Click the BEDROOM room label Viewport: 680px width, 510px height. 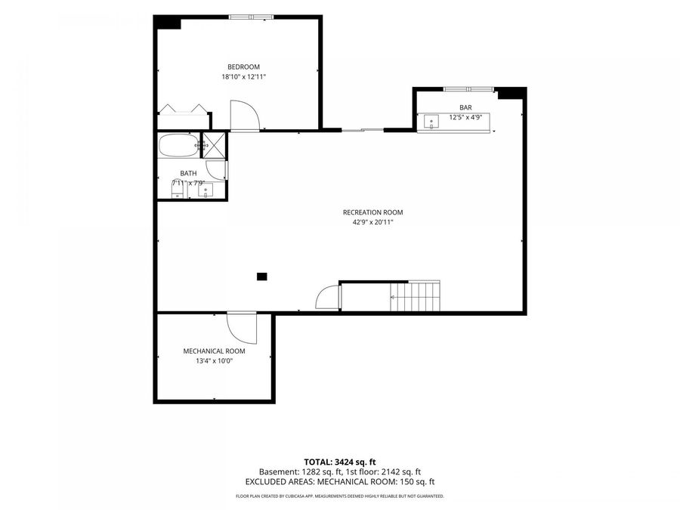pos(244,66)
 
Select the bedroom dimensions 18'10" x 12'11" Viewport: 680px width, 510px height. pos(244,77)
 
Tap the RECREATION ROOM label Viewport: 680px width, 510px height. pos(373,212)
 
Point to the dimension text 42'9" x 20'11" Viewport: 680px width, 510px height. pos(373,222)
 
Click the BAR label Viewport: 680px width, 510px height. pos(465,107)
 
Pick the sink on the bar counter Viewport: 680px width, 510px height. pos(431,122)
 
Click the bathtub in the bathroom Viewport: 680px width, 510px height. pos(178,145)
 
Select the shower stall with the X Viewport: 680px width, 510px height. pos(215,144)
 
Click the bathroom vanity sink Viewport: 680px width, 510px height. pos(206,190)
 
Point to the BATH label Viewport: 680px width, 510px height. pos(188,173)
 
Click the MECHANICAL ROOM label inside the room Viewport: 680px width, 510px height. pos(215,351)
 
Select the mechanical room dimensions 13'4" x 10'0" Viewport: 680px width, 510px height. pos(215,361)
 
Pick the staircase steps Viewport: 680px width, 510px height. pos(415,297)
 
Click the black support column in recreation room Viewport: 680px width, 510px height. pos(262,277)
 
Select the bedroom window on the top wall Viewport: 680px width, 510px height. pos(251,17)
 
